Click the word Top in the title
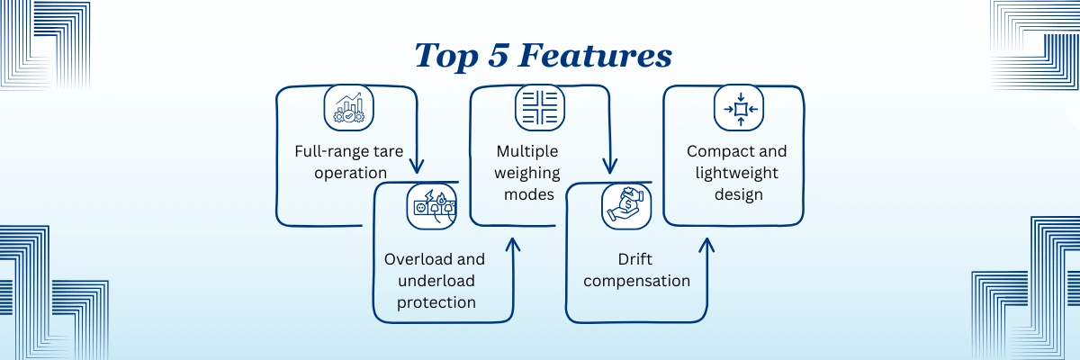pos(446,57)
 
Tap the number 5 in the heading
pos(498,55)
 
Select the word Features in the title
pos(595,55)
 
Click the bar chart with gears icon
pos(348,107)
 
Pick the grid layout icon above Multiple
pos(539,107)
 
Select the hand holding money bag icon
pos(626,206)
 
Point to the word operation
pos(350,173)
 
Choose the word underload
pos(436,281)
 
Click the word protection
pos(436,302)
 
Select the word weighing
pos(527,173)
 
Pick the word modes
pos(529,194)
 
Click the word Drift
pos(635,259)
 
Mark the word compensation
pos(636,281)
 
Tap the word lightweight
pos(737,173)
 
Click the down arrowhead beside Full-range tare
pos(417,166)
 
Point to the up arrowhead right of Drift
pos(706,246)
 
